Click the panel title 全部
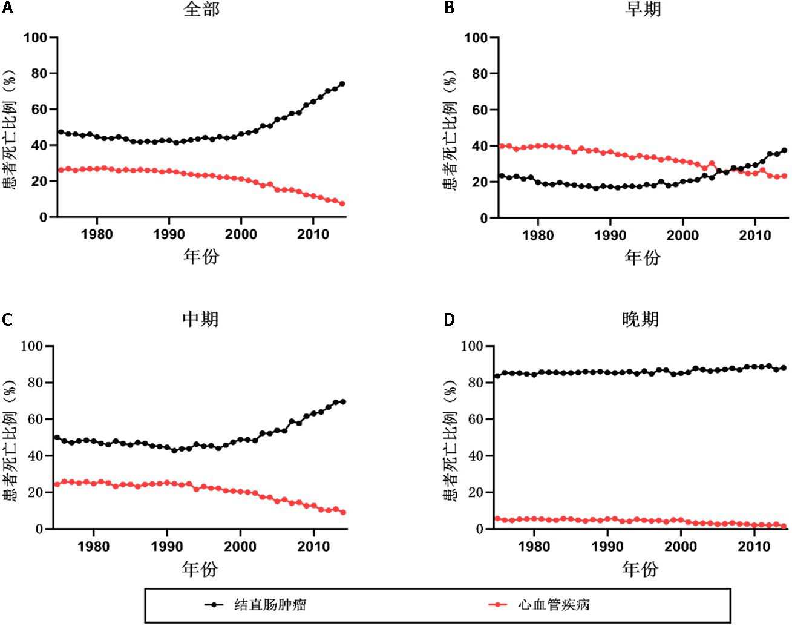pyautogui.click(x=201, y=10)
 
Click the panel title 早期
pyautogui.click(x=643, y=10)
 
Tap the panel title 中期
pyautogui.click(x=200, y=319)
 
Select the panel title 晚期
pyautogui.click(x=641, y=319)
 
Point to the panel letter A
pyautogui.click(x=7, y=9)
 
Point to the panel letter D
pyautogui.click(x=449, y=319)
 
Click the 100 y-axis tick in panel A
pyautogui.click(x=36, y=38)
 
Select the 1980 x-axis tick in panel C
pyautogui.click(x=93, y=546)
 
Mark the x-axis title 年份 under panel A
pyautogui.click(x=201, y=257)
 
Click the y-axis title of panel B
pyautogui.click(x=450, y=128)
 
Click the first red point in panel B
pyautogui.click(x=502, y=146)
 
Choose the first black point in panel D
pyautogui.click(x=497, y=376)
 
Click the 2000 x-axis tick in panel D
pyautogui.click(x=681, y=546)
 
